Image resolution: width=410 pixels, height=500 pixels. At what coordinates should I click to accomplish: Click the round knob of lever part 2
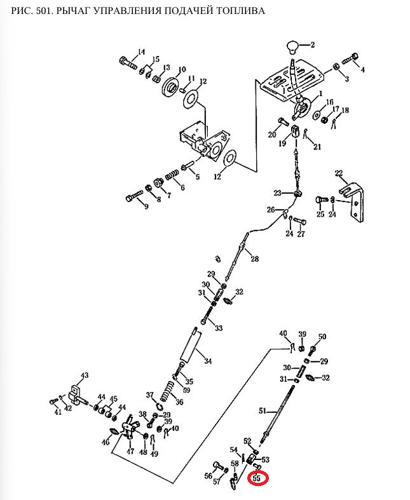[292, 47]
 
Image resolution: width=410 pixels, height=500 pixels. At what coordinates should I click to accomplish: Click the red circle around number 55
[258, 478]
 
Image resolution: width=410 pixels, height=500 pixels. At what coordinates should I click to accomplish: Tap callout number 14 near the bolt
[141, 52]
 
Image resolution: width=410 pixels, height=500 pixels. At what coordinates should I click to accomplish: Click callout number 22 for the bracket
[339, 173]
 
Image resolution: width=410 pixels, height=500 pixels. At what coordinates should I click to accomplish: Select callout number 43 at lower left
[84, 375]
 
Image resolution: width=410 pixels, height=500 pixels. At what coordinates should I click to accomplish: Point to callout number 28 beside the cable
[254, 259]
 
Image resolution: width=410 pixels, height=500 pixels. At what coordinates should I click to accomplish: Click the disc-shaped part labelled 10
[170, 87]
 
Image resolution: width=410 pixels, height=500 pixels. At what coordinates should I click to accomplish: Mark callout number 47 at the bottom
[130, 452]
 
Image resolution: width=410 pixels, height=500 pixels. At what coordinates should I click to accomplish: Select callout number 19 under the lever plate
[282, 144]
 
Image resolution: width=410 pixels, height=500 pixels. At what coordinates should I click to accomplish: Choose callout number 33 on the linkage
[219, 328]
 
